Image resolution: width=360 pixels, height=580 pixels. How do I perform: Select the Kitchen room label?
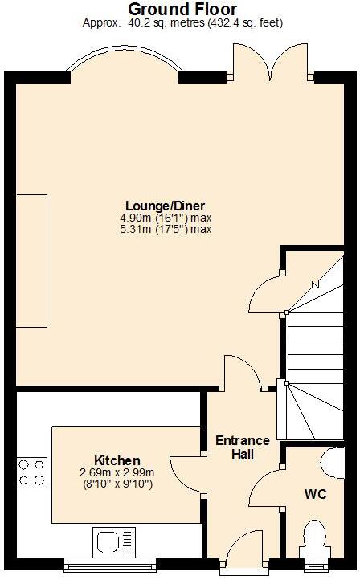(x=117, y=460)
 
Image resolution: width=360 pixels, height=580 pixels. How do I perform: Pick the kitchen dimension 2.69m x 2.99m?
(x=117, y=472)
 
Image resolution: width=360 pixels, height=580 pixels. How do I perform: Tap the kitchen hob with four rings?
(x=31, y=472)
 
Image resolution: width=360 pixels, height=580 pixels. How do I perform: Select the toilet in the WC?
(x=314, y=540)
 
